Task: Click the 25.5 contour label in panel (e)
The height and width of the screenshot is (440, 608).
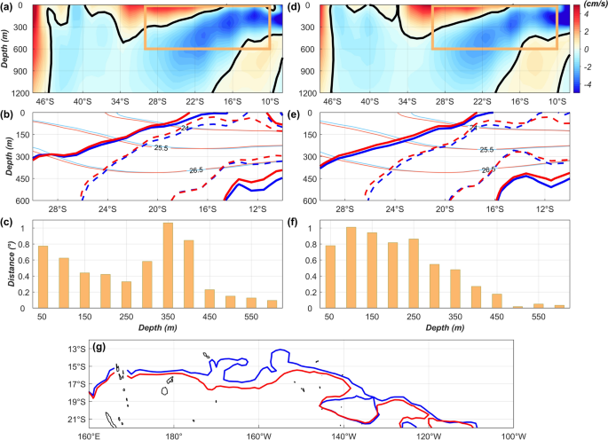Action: pos(486,151)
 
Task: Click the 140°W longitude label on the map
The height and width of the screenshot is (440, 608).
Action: pos(343,435)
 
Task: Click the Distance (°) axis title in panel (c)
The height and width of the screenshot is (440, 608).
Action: pos(8,264)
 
